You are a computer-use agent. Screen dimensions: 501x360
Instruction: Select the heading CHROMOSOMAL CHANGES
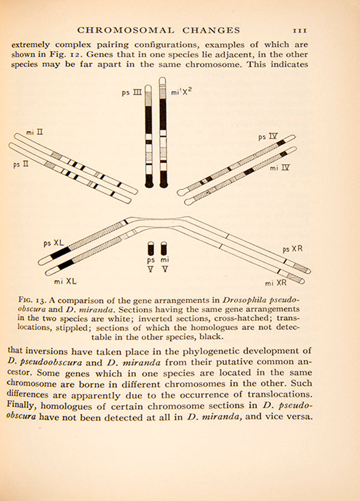point(159,30)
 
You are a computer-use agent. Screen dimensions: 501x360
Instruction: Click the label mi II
point(34,134)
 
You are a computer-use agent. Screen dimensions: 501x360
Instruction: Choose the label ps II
point(21,165)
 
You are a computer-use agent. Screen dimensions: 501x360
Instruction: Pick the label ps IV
point(267,135)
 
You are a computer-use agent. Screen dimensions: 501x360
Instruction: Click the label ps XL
point(53,243)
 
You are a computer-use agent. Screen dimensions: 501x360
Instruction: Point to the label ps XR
point(292,249)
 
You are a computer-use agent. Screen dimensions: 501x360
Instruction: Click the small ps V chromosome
point(151,248)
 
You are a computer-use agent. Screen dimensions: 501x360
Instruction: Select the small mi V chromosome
point(164,248)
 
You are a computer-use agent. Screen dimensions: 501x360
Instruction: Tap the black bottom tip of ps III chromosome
point(149,182)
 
